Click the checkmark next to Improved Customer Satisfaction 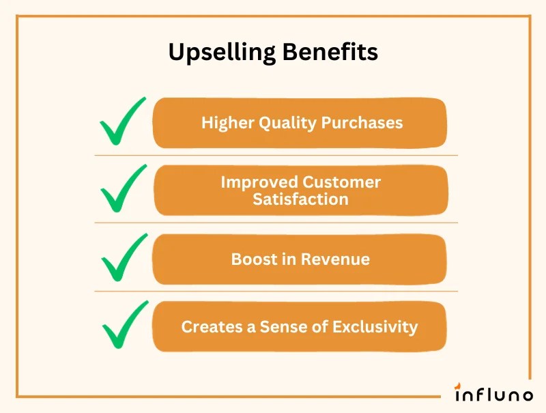click(123, 189)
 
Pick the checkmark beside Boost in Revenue click(124, 257)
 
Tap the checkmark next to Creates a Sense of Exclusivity click(124, 325)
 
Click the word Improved click(259, 182)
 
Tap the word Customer click(342, 182)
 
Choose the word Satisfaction click(300, 199)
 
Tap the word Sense click(279, 326)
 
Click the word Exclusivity click(375, 326)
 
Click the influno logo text click(494, 394)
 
